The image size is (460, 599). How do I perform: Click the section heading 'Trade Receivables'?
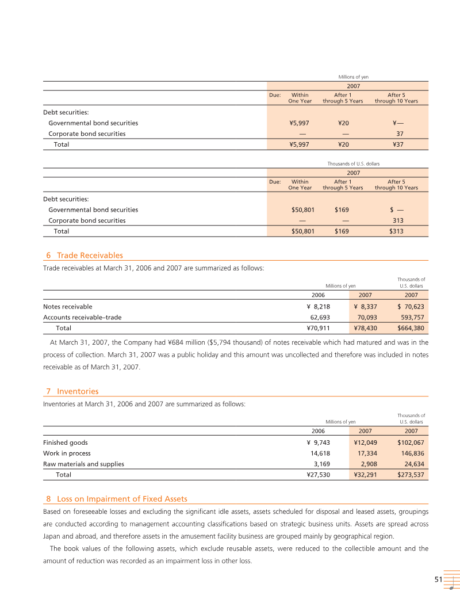[x=90, y=255]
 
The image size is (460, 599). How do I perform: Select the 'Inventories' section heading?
[x=78, y=391]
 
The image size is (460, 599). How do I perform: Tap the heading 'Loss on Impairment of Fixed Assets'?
[x=122, y=498]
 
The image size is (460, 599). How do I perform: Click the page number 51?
[x=438, y=580]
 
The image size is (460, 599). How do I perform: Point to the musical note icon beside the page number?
[x=452, y=581]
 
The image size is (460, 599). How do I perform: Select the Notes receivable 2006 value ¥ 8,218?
[x=318, y=307]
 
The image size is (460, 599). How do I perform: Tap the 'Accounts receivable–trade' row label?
[x=82, y=317]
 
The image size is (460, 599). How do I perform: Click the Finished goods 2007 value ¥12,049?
[x=365, y=442]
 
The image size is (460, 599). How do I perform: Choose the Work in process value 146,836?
[x=411, y=453]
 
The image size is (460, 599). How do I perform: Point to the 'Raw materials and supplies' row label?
[x=83, y=464]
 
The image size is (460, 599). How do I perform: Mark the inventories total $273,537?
[x=411, y=475]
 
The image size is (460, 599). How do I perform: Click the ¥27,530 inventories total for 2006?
[x=318, y=475]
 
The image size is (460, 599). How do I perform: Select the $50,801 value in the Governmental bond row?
[x=303, y=210]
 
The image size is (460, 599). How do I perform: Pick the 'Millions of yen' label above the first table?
[x=353, y=77]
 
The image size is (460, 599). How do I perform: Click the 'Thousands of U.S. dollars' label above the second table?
[x=353, y=164]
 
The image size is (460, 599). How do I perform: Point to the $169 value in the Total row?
[x=342, y=231]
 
